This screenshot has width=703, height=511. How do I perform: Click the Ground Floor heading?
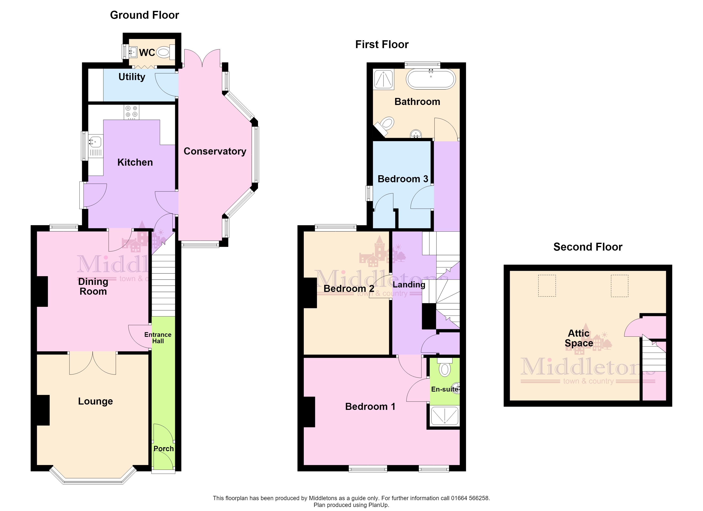tap(144, 15)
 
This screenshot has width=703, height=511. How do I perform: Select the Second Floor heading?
tap(588, 247)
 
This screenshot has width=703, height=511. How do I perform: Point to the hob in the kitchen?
tap(131, 112)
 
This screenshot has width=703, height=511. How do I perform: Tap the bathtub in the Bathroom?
tap(431, 79)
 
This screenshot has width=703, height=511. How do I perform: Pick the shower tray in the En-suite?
tap(445, 416)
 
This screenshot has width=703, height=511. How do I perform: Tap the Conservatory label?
tap(215, 151)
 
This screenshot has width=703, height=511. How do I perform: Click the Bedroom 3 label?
tap(403, 179)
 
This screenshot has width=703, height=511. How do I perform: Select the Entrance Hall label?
tap(158, 338)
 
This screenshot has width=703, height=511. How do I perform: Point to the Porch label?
tap(164, 448)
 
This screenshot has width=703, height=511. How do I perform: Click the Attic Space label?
tap(579, 338)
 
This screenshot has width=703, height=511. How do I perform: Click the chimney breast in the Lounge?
tap(43, 410)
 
